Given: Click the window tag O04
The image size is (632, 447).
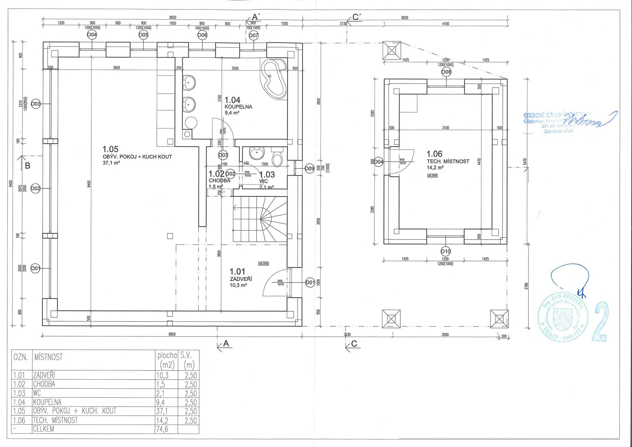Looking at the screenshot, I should click(x=92, y=35).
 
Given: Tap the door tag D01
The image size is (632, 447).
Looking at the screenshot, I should click(x=310, y=282).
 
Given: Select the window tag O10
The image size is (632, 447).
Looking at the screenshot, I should click(x=445, y=251).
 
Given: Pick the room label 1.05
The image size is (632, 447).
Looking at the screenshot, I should click(x=110, y=149).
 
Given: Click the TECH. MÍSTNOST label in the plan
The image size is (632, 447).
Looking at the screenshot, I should click(x=448, y=161).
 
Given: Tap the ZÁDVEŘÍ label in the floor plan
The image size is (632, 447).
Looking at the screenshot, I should click(x=241, y=279).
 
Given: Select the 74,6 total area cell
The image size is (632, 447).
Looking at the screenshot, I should click(x=162, y=429).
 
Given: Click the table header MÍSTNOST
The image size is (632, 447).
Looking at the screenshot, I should click(x=48, y=357).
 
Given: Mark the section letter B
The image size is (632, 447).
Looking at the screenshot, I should click(x=28, y=166).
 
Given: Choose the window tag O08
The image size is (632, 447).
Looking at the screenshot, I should click(x=446, y=72).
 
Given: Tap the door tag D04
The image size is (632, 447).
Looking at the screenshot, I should click(x=379, y=162).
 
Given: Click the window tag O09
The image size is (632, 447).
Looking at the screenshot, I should click(x=309, y=169).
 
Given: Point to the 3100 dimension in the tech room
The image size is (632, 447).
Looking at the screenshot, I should click(x=445, y=128).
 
